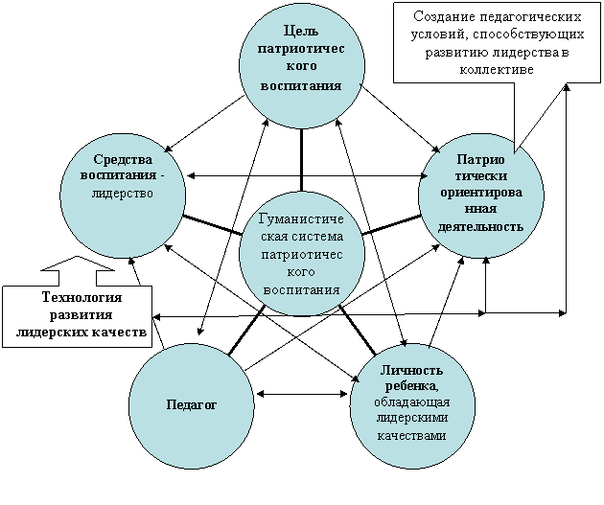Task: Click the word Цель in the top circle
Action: (x=301, y=32)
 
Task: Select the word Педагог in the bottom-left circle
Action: (x=192, y=405)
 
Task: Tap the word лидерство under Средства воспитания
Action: (x=123, y=194)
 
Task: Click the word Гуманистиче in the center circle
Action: (x=302, y=219)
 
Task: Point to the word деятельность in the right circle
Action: (x=480, y=227)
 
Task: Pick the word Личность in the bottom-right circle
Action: (x=411, y=371)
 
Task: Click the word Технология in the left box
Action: (x=81, y=297)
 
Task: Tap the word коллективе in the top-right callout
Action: (x=497, y=70)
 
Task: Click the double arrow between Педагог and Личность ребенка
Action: (x=302, y=394)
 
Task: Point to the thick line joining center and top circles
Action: (x=302, y=160)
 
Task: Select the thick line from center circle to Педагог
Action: (x=246, y=330)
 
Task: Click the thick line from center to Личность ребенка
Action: (x=358, y=330)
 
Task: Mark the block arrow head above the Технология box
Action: (x=78, y=264)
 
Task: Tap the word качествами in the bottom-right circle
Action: (x=411, y=436)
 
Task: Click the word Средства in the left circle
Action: (x=123, y=159)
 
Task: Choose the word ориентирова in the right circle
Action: (x=481, y=193)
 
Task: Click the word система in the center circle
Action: (x=321, y=237)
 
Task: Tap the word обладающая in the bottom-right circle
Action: (x=412, y=402)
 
